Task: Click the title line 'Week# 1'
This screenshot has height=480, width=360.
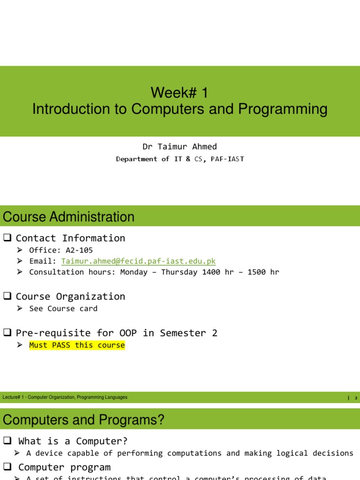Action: pyautogui.click(x=180, y=92)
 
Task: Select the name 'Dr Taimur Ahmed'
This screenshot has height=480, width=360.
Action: pyautogui.click(x=180, y=146)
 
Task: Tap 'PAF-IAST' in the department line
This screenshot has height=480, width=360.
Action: pyautogui.click(x=227, y=159)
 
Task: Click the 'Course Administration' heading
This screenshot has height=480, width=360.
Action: pyautogui.click(x=68, y=217)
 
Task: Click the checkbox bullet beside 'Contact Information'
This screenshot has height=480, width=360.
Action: pyautogui.click(x=7, y=238)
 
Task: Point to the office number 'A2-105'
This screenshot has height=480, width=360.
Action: pyautogui.click(x=77, y=250)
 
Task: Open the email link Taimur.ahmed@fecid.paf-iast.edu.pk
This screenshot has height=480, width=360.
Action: pyautogui.click(x=138, y=261)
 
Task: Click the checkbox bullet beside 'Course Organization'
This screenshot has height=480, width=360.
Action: pyautogui.click(x=7, y=296)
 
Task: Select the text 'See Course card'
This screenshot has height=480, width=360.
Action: pyautogui.click(x=63, y=308)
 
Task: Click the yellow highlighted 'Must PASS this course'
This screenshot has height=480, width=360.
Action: pyautogui.click(x=77, y=345)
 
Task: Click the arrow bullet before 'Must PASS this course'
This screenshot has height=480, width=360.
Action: pyautogui.click(x=20, y=345)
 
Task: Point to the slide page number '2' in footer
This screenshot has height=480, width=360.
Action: pyautogui.click(x=356, y=398)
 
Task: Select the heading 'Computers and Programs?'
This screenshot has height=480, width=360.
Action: pyautogui.click(x=83, y=420)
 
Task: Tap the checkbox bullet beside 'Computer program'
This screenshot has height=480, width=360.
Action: pyautogui.click(x=7, y=467)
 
